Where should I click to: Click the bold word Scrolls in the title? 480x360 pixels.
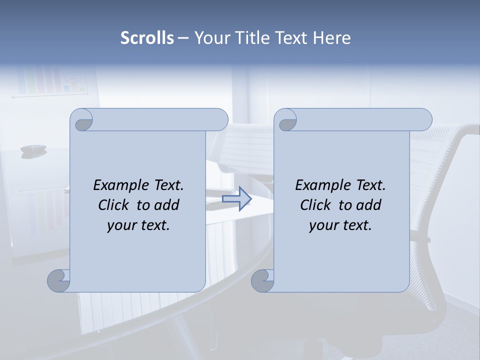147,38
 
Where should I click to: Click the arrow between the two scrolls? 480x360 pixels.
237,199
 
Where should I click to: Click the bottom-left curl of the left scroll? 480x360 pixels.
58,280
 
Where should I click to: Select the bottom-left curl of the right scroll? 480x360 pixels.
262,280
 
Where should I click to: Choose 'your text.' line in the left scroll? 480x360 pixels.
138,225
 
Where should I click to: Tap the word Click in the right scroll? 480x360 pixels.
315,205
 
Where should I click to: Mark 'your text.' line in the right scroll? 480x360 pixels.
340,225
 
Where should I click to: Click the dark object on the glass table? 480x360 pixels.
33,148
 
